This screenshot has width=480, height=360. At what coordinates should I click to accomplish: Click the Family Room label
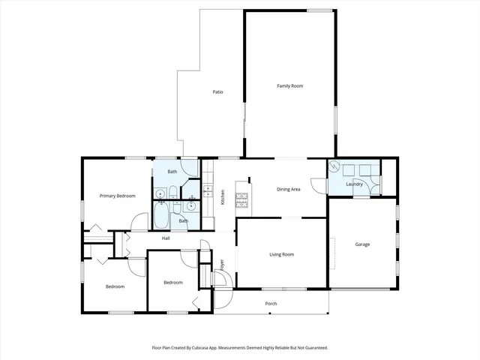(289, 86)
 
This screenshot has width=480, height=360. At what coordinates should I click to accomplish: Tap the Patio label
(217, 92)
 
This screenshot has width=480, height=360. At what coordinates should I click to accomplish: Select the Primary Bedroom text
(118, 196)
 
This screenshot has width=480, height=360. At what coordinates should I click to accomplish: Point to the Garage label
(362, 244)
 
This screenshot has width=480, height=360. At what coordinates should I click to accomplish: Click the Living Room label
(281, 255)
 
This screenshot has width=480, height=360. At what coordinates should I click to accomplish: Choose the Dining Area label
(289, 189)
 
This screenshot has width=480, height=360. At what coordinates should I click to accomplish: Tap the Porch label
(271, 304)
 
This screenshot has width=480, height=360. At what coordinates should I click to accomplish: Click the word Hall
(166, 238)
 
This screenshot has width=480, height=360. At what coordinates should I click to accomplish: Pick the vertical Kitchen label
(223, 199)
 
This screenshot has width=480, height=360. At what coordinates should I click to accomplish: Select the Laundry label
(355, 184)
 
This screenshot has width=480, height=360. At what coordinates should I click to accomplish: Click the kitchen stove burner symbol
(242, 199)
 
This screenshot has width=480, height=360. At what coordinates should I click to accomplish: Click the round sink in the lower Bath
(193, 203)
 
